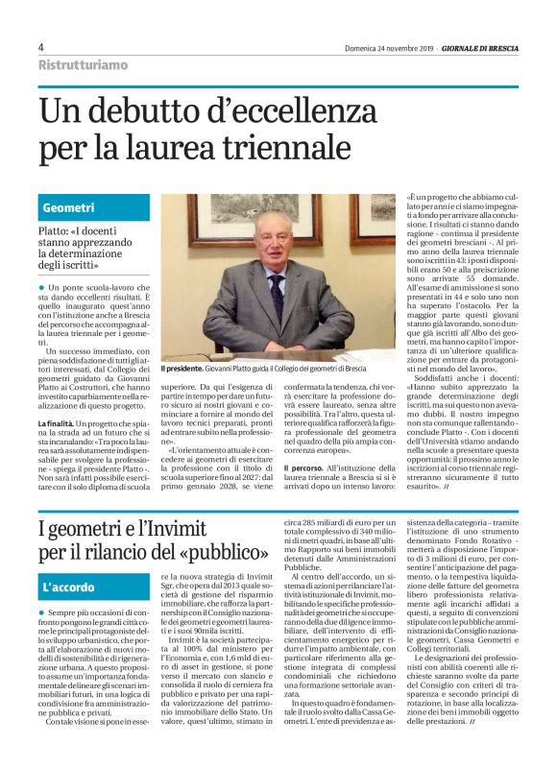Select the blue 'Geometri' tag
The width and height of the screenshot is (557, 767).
68,207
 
